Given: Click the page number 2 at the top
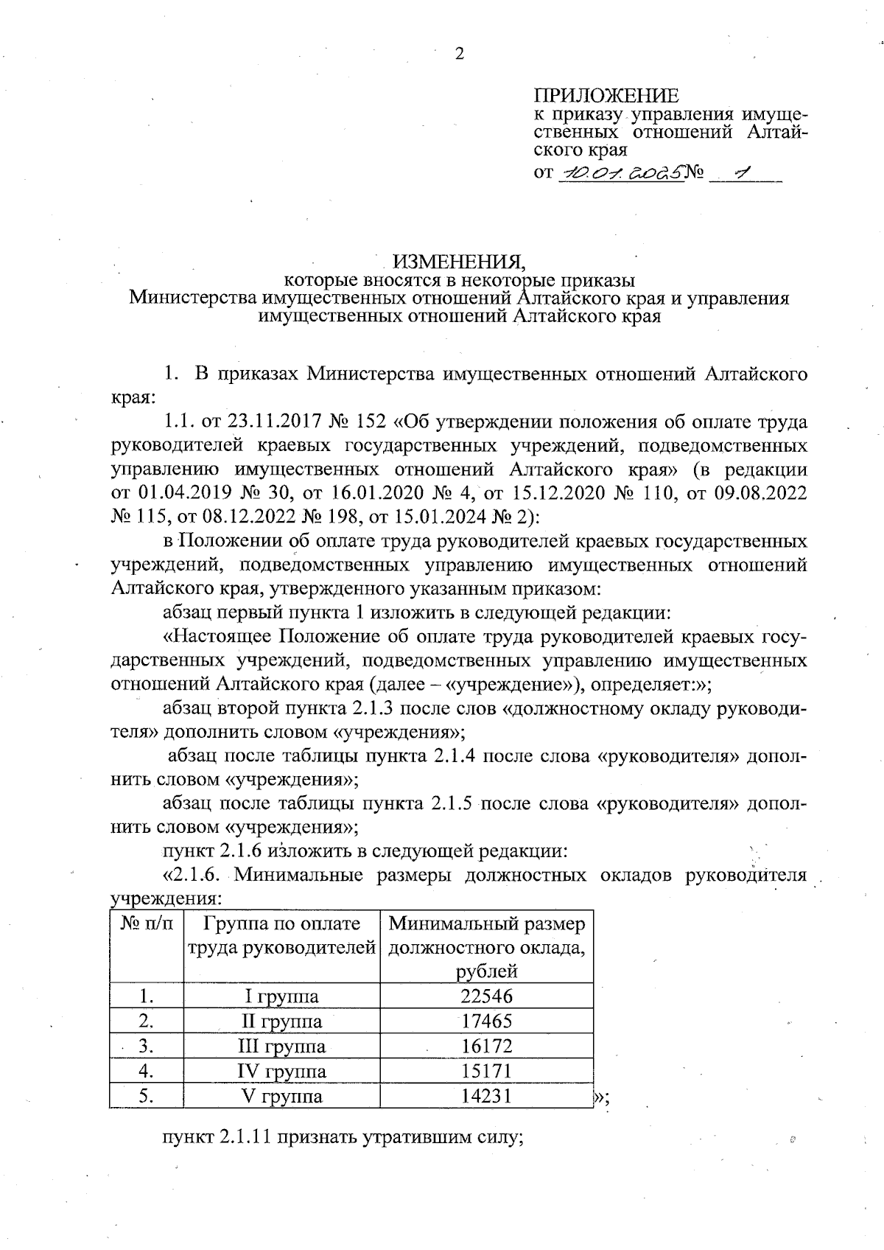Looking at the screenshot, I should pos(460,55).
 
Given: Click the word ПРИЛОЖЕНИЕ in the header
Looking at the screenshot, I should pos(606,96).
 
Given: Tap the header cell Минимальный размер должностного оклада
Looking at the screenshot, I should pos(487,947).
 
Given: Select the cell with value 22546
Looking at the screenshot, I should pos(486,996).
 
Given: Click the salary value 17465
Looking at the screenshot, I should pos(486,1022).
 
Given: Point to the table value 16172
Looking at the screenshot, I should pos(486,1047).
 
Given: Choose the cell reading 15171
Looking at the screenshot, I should pos(486,1071).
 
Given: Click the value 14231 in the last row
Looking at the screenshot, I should pos(486,1096).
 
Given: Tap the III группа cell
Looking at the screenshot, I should pos(281,1047).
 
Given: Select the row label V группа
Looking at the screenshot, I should pos(281,1096).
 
